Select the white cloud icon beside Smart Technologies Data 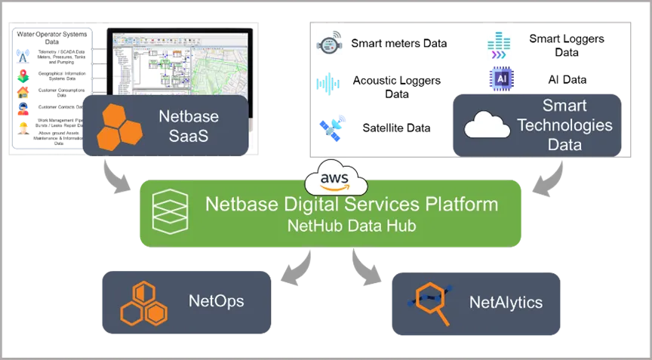487,125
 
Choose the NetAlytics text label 506,303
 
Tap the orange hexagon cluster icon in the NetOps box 144,302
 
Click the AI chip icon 500,77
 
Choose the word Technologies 564,125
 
